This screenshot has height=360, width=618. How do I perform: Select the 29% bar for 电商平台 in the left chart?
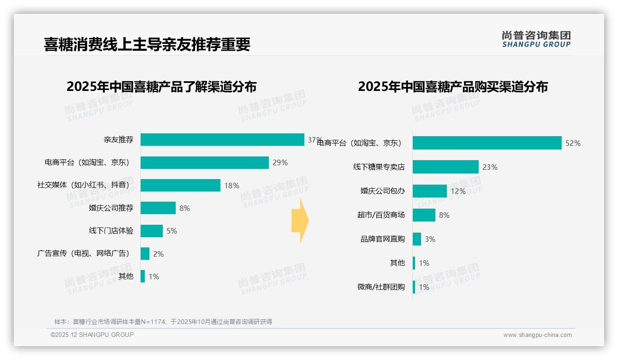point(204,162)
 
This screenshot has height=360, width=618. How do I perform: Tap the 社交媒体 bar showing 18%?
point(180,186)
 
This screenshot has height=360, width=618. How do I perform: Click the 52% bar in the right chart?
point(487,143)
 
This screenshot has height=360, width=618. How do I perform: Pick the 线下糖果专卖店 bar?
point(446,167)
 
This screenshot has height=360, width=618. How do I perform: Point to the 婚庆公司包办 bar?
point(430,191)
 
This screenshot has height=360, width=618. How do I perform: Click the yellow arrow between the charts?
point(300,221)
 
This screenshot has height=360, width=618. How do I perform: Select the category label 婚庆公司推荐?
point(111,208)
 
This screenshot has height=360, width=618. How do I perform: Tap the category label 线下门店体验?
point(111,231)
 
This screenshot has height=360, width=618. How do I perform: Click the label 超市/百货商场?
point(381,215)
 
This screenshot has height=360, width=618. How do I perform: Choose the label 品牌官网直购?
point(383,239)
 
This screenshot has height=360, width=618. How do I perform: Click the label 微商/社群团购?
point(381,287)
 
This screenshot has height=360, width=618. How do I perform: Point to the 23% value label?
point(490,167)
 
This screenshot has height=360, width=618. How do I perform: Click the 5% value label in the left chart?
point(172,231)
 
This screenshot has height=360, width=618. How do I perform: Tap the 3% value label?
point(430,239)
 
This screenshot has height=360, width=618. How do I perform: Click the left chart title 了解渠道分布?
point(161,87)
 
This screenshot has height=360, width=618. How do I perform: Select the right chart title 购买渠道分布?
point(453,87)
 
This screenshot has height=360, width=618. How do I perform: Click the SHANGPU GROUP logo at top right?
point(536,39)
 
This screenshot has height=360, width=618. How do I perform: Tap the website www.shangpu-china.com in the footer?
point(537,335)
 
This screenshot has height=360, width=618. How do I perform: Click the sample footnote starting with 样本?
point(163,322)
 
